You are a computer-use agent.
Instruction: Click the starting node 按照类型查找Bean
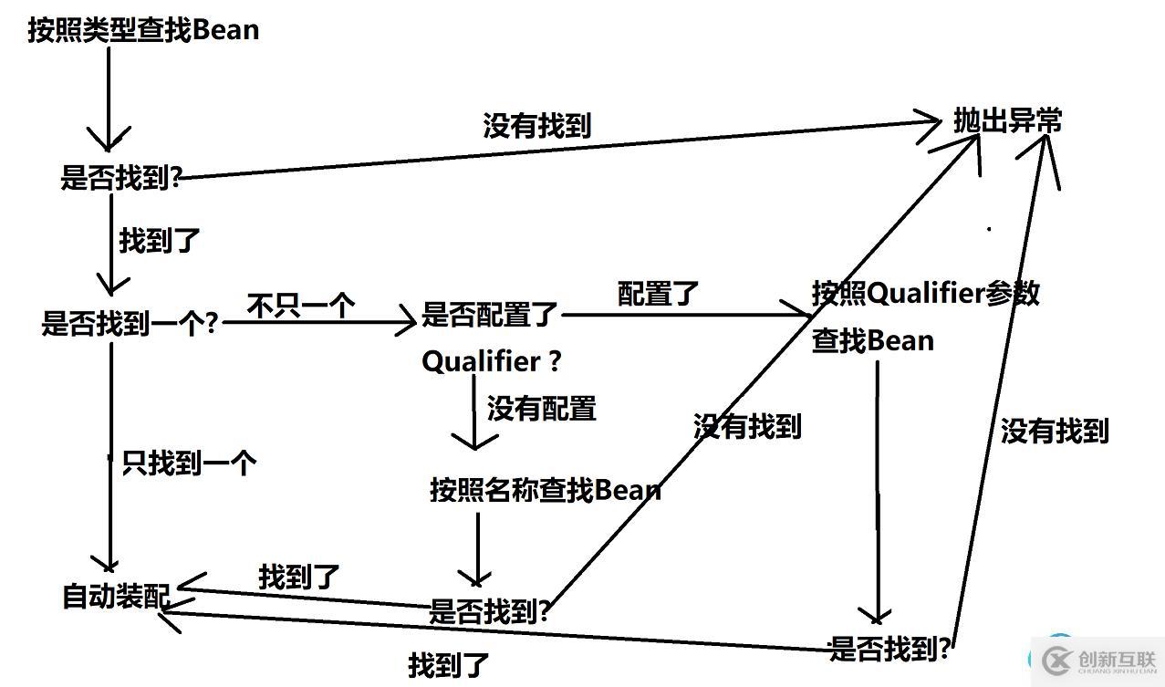coord(143,30)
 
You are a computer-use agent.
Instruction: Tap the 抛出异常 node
coord(1007,121)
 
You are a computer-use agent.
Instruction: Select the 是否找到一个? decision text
coord(130,323)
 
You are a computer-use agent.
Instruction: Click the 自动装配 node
coord(115,597)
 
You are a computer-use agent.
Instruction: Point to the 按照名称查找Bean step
coord(545,490)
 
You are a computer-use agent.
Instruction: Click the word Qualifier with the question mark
coord(491,361)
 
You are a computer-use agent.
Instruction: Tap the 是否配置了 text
coord(489,316)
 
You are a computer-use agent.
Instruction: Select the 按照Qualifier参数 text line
coord(925,294)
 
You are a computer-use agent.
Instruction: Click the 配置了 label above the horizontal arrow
coord(658,294)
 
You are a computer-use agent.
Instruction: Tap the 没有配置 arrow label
coord(541,408)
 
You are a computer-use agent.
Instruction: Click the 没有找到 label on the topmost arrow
coord(536,126)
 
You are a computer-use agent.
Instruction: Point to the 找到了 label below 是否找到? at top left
coord(159,241)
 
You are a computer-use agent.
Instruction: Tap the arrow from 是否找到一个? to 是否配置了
coord(319,322)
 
